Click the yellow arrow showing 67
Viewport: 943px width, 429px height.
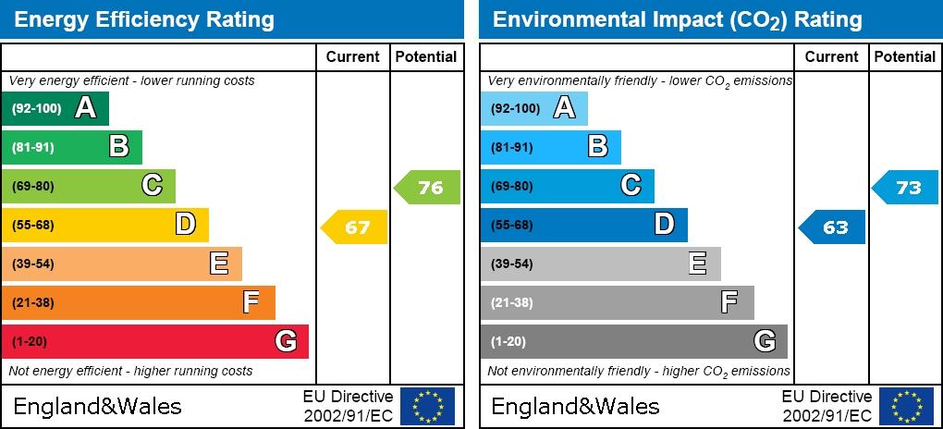tap(355, 227)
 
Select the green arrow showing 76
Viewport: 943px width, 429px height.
tap(428, 188)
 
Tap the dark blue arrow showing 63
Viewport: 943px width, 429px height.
tap(833, 227)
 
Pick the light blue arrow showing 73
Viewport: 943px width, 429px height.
tap(907, 188)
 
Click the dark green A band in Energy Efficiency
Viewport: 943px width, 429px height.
tap(55, 108)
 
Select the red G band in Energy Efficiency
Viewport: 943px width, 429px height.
tap(154, 341)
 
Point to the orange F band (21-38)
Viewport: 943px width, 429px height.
tap(139, 302)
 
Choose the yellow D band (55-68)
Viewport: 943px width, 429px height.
tap(105, 225)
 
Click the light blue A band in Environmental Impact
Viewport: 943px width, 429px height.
tap(533, 108)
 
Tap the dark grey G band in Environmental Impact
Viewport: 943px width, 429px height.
tap(633, 341)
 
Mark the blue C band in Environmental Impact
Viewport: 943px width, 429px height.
tap(567, 186)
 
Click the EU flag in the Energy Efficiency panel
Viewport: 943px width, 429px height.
tap(427, 406)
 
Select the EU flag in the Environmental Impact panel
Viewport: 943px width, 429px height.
tap(906, 406)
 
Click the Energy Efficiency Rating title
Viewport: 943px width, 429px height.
tap(144, 19)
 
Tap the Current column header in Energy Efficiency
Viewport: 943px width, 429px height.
tap(352, 56)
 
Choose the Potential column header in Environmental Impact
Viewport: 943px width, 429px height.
tap(904, 56)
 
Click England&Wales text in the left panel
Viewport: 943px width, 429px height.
tap(97, 406)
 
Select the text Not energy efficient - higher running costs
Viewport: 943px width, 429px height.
tap(130, 371)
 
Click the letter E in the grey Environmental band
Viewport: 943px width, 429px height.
tap(698, 264)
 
